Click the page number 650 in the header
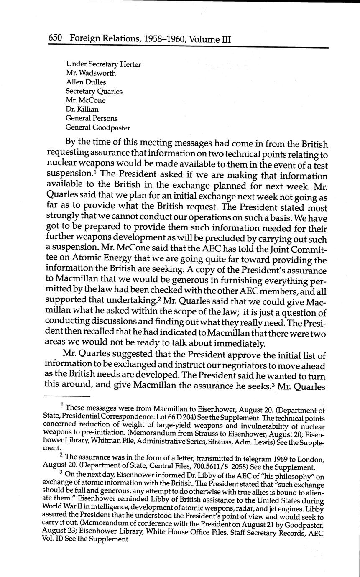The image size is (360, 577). point(55,38)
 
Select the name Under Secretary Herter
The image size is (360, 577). point(103,64)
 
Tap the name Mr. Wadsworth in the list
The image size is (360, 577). point(91,73)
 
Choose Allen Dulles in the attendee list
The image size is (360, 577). point(86,82)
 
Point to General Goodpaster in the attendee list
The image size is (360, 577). point(98,128)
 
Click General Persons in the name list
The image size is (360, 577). point(92,119)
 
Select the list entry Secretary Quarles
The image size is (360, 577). point(94,91)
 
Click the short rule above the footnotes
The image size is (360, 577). point(66,396)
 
